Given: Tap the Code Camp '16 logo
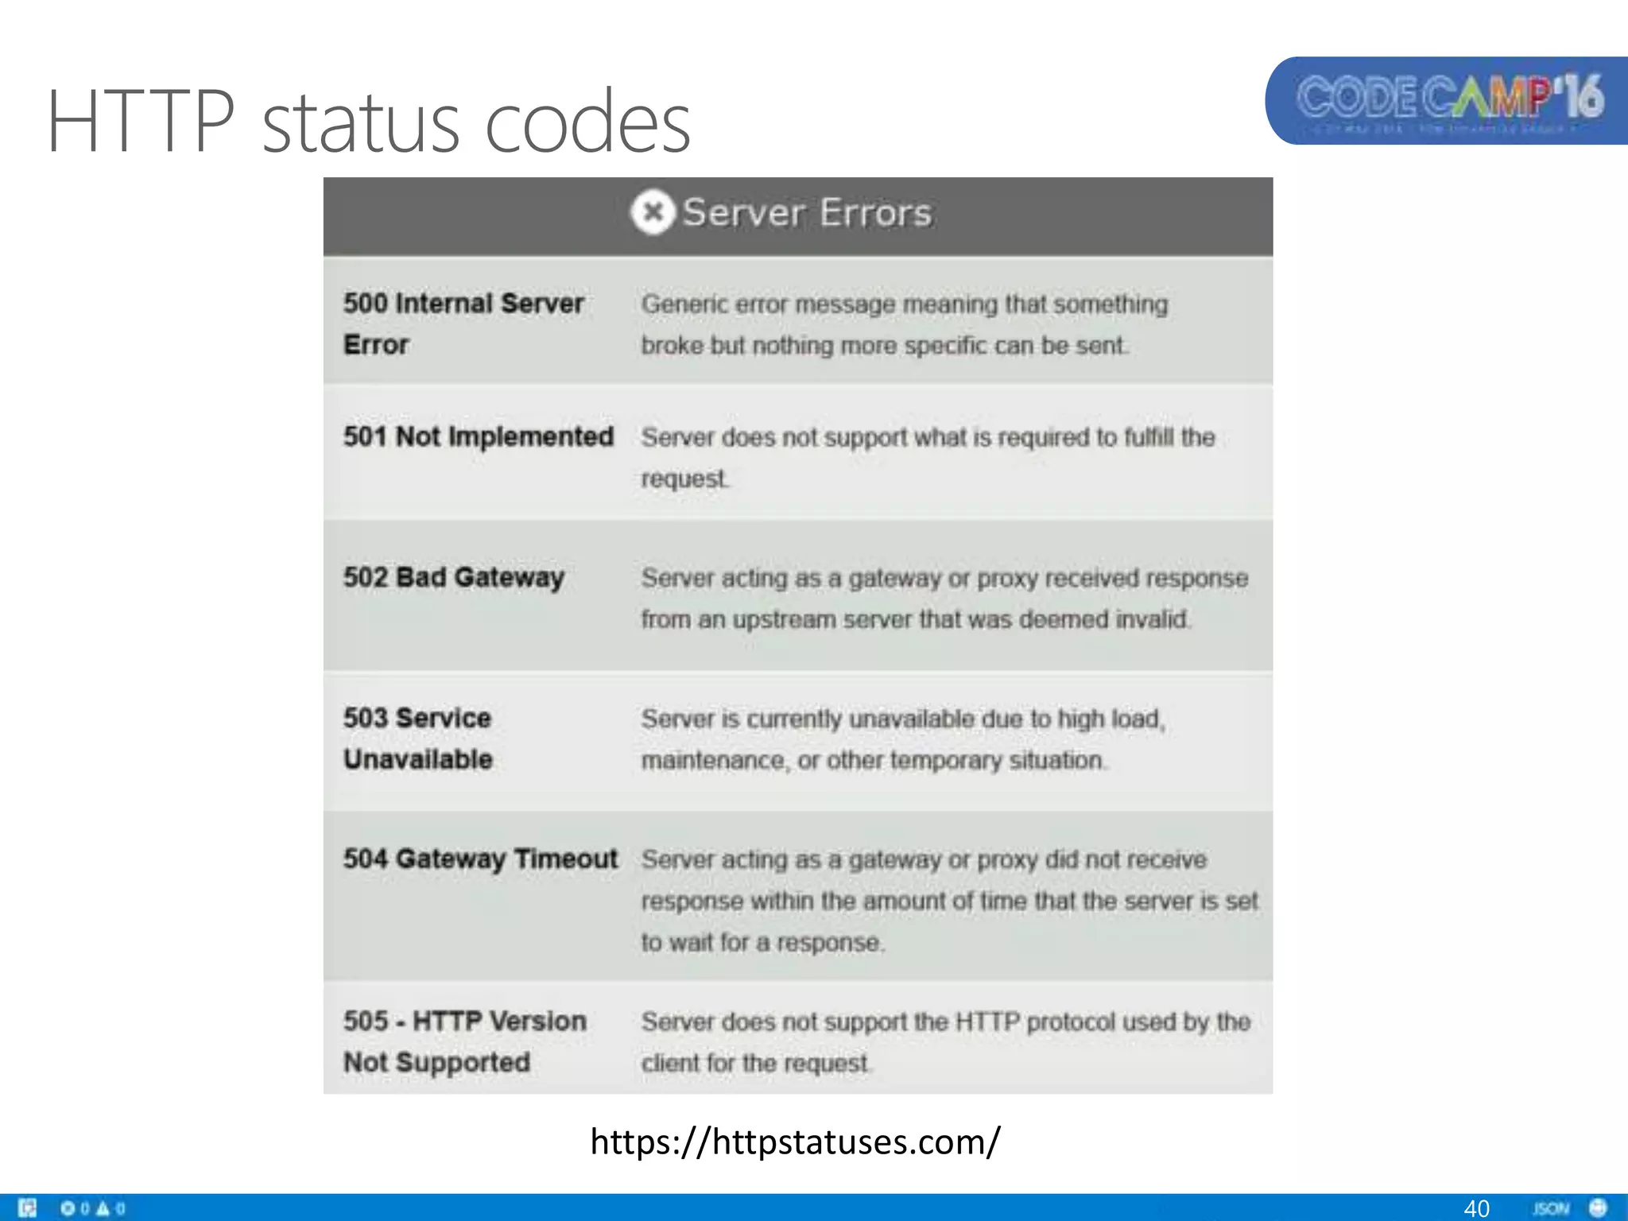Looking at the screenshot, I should [1449, 101].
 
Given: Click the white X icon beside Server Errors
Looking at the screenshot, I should [653, 213].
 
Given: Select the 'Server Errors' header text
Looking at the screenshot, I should [807, 213].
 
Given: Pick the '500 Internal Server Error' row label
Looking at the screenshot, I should [463, 324].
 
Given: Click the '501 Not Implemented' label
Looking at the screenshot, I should [479, 436].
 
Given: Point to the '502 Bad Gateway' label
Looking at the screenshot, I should [454, 577].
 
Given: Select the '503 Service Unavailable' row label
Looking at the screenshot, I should [418, 738].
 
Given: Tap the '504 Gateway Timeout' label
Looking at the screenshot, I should [480, 859].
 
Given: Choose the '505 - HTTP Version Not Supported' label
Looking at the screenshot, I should [464, 1041].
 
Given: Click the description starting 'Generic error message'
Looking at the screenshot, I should [905, 324].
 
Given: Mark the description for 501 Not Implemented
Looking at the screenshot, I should [928, 458].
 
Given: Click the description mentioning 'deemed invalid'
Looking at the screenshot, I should [944, 599].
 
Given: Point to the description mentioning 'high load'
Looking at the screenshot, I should [903, 739].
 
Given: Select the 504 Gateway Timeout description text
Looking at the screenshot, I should [949, 901].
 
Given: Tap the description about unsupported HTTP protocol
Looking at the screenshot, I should [946, 1042].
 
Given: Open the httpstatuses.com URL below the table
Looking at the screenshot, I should [796, 1142].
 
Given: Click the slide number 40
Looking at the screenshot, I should [1476, 1208].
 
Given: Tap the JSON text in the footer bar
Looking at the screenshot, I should [1551, 1208].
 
